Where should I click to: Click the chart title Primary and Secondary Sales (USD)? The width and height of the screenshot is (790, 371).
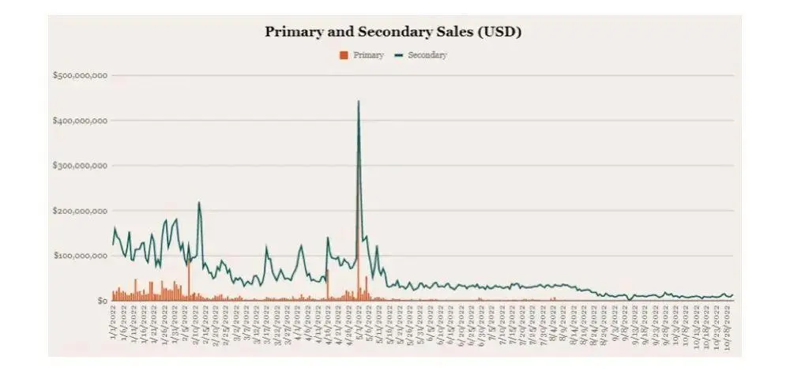(393, 32)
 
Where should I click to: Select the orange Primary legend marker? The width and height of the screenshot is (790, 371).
(343, 55)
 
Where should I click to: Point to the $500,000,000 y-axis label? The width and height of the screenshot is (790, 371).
(80, 76)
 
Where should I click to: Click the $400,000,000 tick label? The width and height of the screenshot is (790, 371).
(80, 121)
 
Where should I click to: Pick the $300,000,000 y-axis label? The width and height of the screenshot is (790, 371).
(80, 166)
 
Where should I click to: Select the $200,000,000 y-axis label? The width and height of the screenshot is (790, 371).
(80, 211)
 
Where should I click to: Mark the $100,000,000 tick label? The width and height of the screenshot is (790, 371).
(80, 256)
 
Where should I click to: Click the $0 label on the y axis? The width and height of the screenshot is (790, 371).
(102, 301)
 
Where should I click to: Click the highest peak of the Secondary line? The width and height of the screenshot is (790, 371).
(359, 101)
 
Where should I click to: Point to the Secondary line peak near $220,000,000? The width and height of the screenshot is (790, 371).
(199, 203)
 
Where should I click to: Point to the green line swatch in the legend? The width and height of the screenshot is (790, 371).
(399, 55)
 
